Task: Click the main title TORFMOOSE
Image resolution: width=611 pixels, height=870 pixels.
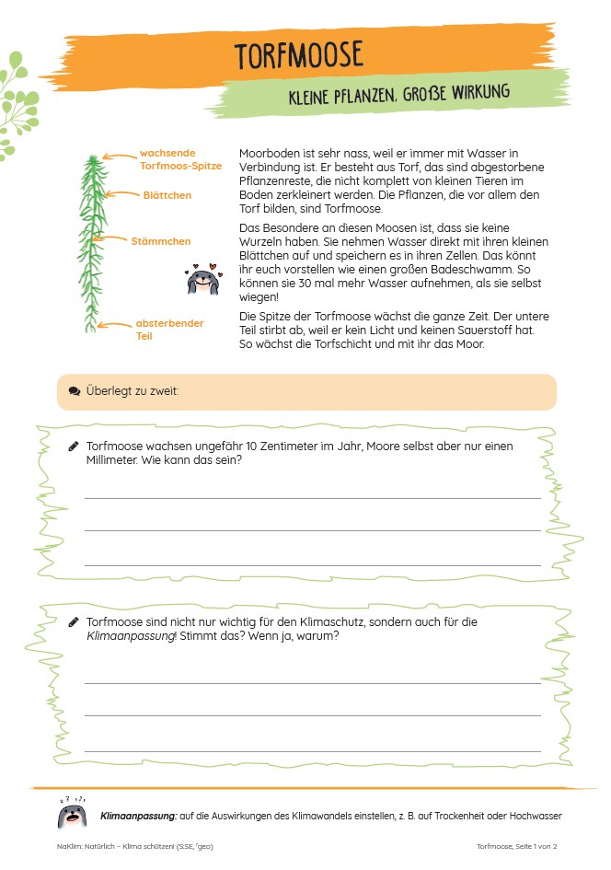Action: click(x=299, y=56)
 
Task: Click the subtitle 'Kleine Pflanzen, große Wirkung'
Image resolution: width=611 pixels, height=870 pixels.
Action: click(x=398, y=96)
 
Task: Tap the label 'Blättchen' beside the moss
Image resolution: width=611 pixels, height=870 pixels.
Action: click(x=167, y=195)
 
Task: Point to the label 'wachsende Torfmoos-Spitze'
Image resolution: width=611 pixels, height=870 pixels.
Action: click(x=180, y=159)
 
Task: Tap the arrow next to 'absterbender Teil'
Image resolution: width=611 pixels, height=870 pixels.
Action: click(x=114, y=324)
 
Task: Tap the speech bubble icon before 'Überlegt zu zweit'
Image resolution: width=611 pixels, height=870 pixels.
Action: click(x=74, y=391)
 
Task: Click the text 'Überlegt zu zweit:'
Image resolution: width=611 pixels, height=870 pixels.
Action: click(x=133, y=391)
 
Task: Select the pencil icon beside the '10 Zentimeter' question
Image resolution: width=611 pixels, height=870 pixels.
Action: click(x=74, y=447)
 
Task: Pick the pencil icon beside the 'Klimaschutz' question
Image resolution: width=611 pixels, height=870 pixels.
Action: click(x=74, y=622)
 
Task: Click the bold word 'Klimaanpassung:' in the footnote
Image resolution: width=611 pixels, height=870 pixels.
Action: click(x=134, y=816)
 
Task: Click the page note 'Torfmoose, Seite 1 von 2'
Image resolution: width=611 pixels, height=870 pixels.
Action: click(x=516, y=846)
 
